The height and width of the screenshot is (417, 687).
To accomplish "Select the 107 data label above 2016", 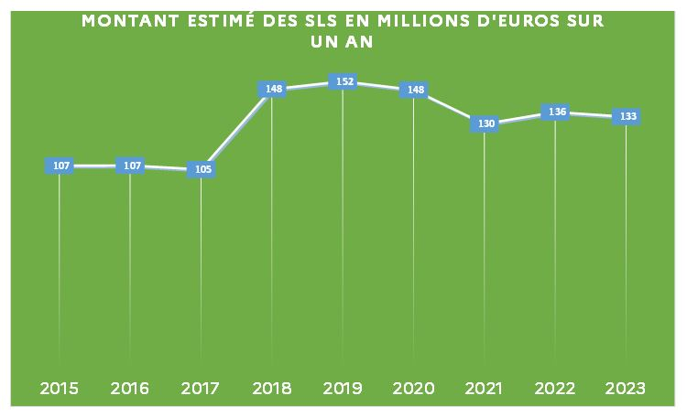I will pyautogui.click(x=130, y=166).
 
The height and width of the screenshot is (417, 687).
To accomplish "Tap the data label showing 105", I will pyautogui.click(x=201, y=169).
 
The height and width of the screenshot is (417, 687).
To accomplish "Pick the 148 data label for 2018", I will pyautogui.click(x=272, y=89).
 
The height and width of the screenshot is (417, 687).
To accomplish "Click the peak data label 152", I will pyautogui.click(x=343, y=81).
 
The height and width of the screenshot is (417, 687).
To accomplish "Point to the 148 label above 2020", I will pyautogui.click(x=413, y=89).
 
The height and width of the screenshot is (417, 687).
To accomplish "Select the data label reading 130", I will pyautogui.click(x=485, y=123).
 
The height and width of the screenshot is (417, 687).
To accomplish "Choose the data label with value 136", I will pyautogui.click(x=555, y=112).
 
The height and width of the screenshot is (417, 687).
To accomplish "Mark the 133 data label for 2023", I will pyautogui.click(x=627, y=116).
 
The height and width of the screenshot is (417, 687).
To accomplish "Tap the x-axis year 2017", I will pyautogui.click(x=201, y=389).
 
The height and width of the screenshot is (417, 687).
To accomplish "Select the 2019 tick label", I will pyautogui.click(x=343, y=389).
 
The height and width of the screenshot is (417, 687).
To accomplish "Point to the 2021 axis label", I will pyautogui.click(x=485, y=389).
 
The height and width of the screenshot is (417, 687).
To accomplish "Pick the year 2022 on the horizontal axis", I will pyautogui.click(x=555, y=389).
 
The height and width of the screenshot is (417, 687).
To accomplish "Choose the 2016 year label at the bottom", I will pyautogui.click(x=130, y=389).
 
